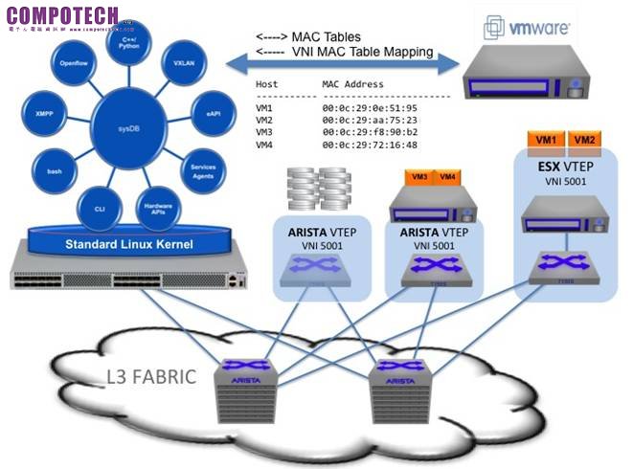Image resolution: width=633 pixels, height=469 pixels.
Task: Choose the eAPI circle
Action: click(212, 111)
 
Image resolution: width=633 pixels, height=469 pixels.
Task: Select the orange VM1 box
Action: click(547, 141)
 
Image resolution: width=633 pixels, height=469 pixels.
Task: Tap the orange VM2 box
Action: click(583, 141)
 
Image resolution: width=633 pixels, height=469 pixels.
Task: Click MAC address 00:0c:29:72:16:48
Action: click(369, 145)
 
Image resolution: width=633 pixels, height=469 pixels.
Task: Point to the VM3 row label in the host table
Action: click(265, 132)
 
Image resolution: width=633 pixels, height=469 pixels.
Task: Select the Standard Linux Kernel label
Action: click(128, 244)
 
